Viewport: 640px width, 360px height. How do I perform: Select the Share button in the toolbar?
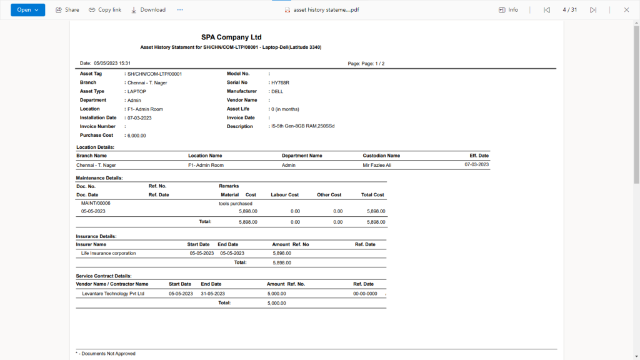[x=67, y=10]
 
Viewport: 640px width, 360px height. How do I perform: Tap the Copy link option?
[x=105, y=10]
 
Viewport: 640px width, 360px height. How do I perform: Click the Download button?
[x=148, y=10]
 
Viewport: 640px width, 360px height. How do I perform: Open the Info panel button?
[x=508, y=10]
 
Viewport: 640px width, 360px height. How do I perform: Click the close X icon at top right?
[x=626, y=10]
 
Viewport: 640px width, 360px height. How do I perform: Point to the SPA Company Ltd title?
[x=231, y=37]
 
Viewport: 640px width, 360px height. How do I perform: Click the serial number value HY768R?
[x=280, y=82]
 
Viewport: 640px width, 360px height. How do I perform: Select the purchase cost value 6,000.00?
[x=136, y=135]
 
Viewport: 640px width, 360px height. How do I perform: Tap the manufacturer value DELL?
[x=277, y=91]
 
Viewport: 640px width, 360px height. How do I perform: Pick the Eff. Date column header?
[x=479, y=156]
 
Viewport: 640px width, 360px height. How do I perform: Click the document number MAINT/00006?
[x=96, y=203]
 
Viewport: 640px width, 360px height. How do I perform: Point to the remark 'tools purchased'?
[x=236, y=204]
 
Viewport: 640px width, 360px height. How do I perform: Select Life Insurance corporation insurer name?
[x=108, y=253]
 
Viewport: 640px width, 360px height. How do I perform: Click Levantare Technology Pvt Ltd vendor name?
[x=113, y=293]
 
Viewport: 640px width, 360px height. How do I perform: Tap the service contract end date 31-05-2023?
[x=212, y=293]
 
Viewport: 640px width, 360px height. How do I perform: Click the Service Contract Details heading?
[x=104, y=276]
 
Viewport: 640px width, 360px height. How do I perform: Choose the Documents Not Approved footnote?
[x=107, y=354]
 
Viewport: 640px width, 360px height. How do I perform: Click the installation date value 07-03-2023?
[x=139, y=117]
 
